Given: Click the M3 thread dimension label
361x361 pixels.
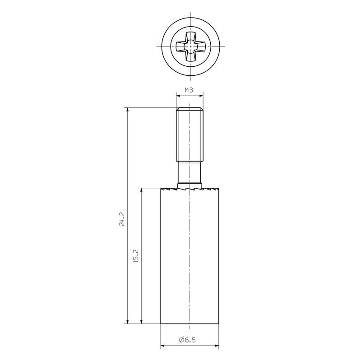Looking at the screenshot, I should pos(189,90).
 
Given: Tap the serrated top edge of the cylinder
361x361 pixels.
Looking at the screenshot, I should pos(190,189).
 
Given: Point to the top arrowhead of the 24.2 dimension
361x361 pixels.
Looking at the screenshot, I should pos(128,110).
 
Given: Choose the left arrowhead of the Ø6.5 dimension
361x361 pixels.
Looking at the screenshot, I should pos(163,346).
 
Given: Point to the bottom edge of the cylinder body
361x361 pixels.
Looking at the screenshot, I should pos(190,324).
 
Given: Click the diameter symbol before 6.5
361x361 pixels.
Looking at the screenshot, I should pos(181,340).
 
